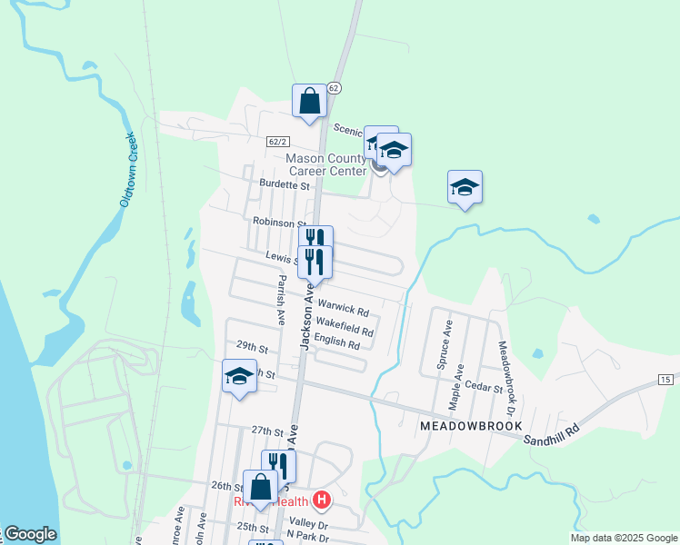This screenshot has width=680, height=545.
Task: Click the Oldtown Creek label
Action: point(131,169)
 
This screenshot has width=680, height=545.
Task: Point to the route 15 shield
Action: point(666,378)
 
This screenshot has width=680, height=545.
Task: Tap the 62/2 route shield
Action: point(278,142)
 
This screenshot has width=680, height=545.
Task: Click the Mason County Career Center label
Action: point(326,163)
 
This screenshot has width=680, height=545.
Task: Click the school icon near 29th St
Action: point(239,376)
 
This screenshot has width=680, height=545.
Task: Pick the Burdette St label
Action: point(285,184)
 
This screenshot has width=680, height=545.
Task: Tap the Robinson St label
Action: point(279,222)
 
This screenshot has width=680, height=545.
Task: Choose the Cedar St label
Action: point(484,388)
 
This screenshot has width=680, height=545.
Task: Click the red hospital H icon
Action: point(320,499)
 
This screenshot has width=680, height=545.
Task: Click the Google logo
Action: point(30,534)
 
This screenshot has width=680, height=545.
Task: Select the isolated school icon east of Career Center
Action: point(465,187)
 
